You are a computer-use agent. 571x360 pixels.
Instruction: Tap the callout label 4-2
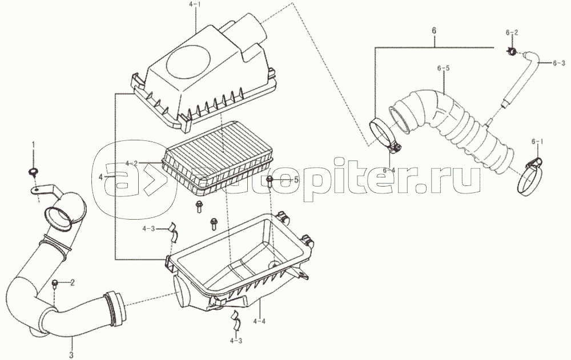point(131,163)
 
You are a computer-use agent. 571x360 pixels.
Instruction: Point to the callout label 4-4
point(259,321)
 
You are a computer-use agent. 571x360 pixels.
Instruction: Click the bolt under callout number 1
point(33,171)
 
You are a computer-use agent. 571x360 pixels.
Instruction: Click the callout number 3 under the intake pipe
point(71,355)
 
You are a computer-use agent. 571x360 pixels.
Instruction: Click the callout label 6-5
point(444,68)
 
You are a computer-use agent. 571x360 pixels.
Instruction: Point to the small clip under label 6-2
point(512,52)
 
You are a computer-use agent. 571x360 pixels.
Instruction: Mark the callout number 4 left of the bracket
point(101,177)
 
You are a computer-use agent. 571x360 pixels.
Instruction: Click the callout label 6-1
point(537,140)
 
